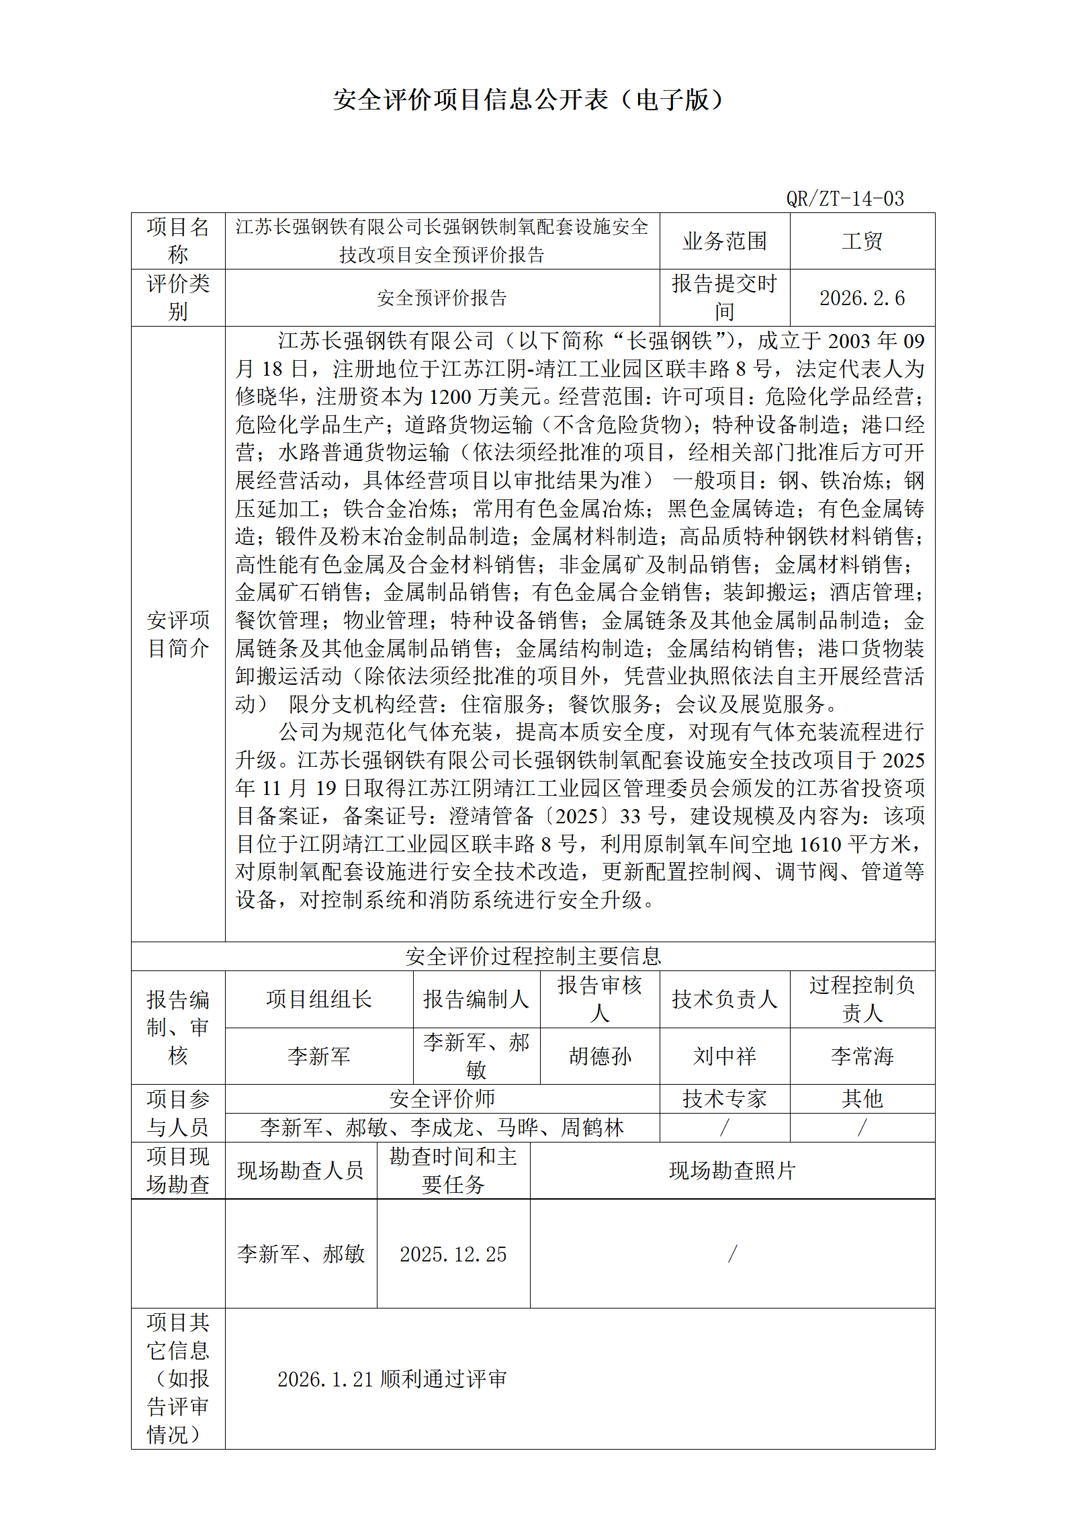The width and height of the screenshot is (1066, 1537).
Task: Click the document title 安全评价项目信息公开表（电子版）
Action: (528, 100)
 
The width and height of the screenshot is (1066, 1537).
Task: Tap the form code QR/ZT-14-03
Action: (844, 199)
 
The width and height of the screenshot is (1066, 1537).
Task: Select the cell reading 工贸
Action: (862, 241)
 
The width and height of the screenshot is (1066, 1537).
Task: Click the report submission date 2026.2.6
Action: (862, 298)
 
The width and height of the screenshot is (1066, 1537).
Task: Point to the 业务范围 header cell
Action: (724, 241)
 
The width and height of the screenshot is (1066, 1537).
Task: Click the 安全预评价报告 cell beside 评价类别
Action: (441, 298)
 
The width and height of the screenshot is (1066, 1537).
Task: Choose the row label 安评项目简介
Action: (178, 634)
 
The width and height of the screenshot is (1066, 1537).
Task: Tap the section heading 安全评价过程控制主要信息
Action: (533, 956)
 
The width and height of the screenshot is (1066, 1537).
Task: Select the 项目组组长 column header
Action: (318, 999)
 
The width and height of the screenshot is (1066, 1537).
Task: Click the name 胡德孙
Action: (599, 1056)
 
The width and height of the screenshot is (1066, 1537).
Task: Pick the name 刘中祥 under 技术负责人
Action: (724, 1056)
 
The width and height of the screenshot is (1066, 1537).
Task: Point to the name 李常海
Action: (862, 1056)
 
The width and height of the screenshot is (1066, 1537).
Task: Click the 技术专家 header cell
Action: (724, 1099)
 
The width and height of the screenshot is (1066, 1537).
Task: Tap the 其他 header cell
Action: (862, 1099)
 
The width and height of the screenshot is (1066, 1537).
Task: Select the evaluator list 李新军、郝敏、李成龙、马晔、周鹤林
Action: (441, 1128)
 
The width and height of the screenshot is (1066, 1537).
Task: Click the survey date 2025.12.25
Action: (453, 1254)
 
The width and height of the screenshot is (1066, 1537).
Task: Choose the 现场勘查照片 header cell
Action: (731, 1171)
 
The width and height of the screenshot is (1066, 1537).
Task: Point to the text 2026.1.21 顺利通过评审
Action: (392, 1379)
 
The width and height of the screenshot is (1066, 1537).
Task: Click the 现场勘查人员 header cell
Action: (300, 1171)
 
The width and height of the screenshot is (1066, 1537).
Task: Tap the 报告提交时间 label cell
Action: (724, 298)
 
